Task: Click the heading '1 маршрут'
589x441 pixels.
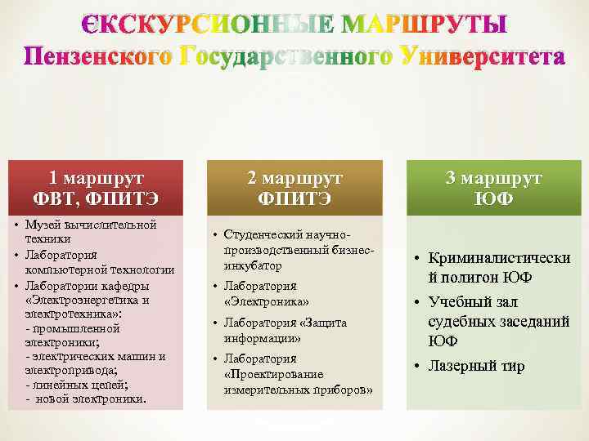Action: point(97,177)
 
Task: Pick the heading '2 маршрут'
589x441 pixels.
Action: point(295,177)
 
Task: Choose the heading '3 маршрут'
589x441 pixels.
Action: point(493,177)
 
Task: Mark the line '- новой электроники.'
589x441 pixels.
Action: point(87,399)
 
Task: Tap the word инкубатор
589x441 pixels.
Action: point(253,266)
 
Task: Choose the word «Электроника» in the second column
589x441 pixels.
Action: point(260,302)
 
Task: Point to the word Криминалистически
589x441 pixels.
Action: point(500,258)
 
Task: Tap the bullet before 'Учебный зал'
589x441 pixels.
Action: point(416,302)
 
